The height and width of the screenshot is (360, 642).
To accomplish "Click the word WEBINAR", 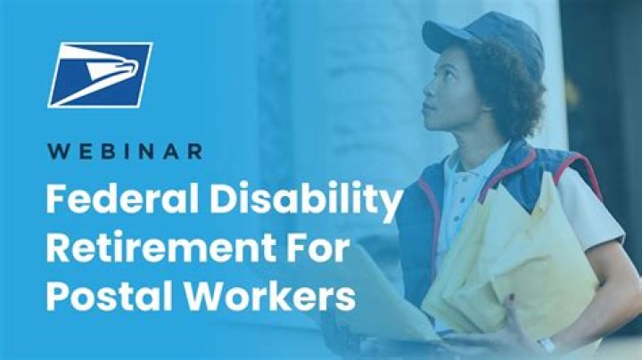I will click(125, 151).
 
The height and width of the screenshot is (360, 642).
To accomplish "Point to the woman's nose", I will click(426, 93).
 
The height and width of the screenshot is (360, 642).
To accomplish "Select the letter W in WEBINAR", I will click(55, 151).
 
